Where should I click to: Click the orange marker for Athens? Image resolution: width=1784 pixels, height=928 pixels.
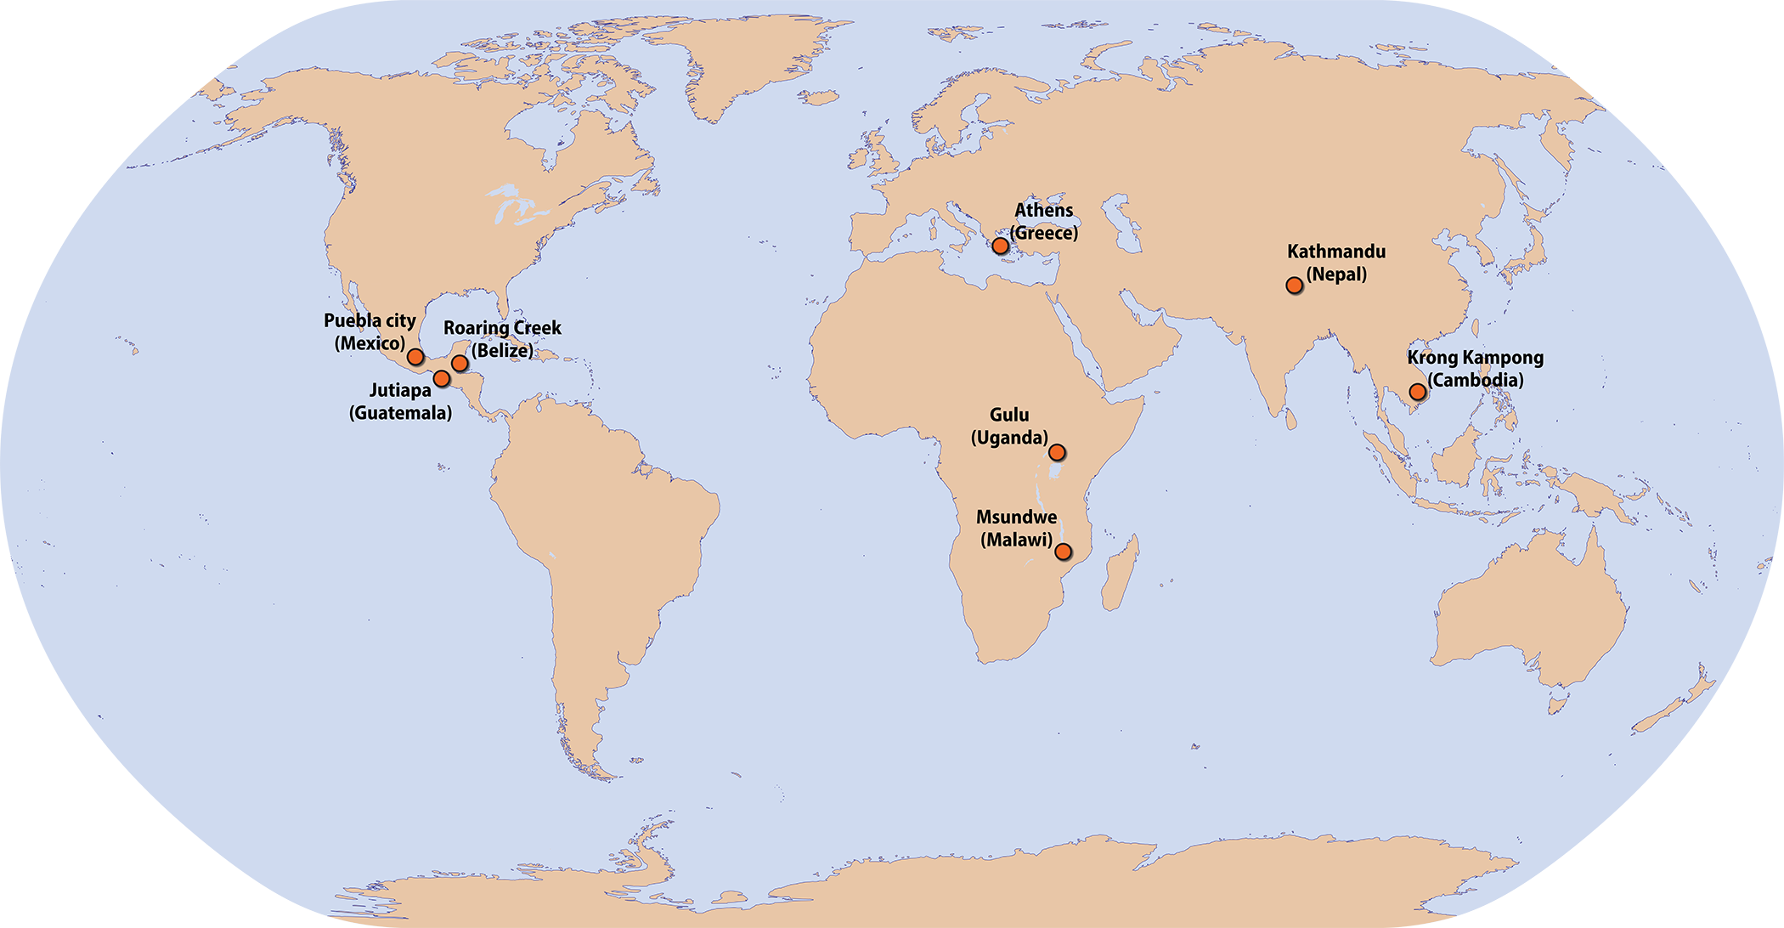(x=1001, y=246)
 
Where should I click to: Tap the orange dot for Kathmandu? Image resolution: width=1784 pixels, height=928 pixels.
(x=1294, y=286)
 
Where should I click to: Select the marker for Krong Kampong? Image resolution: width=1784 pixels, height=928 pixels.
(x=1417, y=392)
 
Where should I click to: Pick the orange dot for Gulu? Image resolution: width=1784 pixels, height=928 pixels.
(x=1057, y=452)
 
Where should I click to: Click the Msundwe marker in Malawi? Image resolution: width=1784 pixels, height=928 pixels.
(x=1063, y=552)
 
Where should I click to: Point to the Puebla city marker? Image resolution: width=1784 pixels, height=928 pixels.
(x=415, y=356)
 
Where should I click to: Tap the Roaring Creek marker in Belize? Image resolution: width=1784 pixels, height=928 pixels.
(x=460, y=363)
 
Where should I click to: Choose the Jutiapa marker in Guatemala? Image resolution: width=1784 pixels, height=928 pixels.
(x=442, y=378)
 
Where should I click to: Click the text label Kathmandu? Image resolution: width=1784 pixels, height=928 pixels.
(x=1335, y=252)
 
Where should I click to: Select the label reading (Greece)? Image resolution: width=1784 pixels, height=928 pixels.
(x=1043, y=233)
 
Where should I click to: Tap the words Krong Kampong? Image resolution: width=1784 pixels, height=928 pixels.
(x=1475, y=358)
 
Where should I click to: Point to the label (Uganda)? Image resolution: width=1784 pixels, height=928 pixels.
(x=1009, y=438)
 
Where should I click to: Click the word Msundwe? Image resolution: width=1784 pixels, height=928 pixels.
(x=1016, y=517)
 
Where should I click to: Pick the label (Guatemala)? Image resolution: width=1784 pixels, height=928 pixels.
(x=400, y=413)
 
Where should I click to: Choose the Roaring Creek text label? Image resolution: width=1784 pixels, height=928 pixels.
(x=502, y=328)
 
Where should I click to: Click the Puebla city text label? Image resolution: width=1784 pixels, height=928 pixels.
(x=370, y=320)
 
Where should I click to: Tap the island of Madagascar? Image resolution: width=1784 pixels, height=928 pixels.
(x=1120, y=574)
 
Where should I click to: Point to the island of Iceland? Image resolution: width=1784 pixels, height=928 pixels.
(x=819, y=98)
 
